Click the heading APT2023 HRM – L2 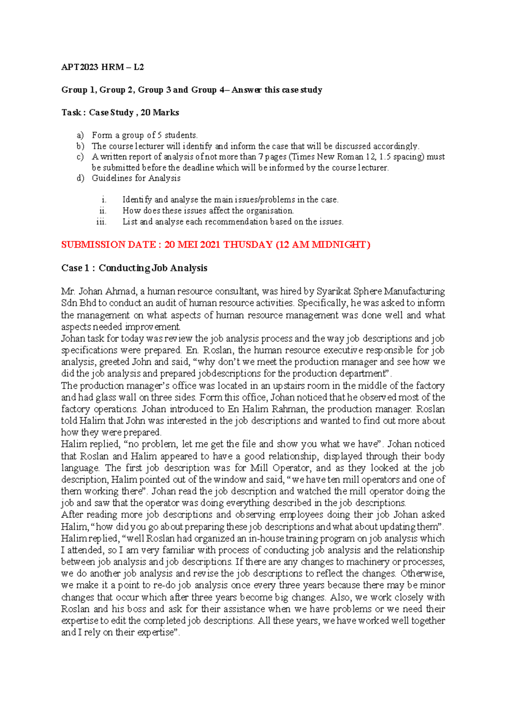102,67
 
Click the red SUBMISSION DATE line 215,245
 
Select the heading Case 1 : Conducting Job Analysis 134,268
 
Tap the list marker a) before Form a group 80,136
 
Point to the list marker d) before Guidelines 80,178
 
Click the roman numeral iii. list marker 101,222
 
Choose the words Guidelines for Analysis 136,178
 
